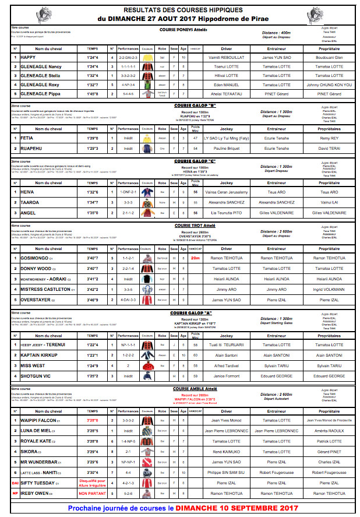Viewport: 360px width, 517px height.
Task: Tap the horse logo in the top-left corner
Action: [x=42, y=14]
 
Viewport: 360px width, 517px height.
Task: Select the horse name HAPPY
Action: [x=29, y=58]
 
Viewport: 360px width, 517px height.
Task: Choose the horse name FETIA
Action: [x=27, y=138]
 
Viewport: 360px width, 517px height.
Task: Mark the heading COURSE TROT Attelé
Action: [x=196, y=225]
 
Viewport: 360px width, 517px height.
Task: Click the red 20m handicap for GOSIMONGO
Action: [x=195, y=258]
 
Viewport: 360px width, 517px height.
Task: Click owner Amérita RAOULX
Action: [x=329, y=431]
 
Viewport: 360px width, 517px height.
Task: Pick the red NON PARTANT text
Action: [x=92, y=493]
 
